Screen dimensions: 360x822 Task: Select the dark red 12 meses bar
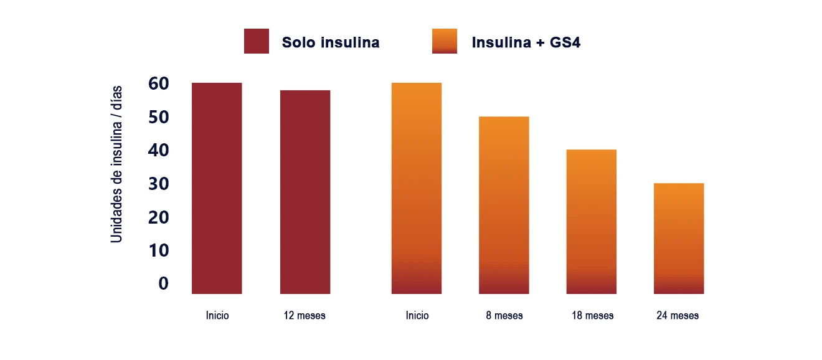coord(305,192)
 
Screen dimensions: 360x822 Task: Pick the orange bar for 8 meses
coord(504,205)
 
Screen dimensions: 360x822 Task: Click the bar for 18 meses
coord(591,222)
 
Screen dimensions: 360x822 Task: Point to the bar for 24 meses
coord(679,239)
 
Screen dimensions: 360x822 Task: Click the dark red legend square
coord(257,41)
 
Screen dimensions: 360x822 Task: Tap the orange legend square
coord(445,41)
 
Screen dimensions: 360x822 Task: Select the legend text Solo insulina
coord(331,43)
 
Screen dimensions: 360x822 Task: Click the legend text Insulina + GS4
coord(526,43)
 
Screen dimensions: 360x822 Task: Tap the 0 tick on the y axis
coord(163,283)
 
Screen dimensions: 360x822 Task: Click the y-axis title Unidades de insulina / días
coord(117,164)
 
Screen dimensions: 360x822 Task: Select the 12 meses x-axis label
coord(305,316)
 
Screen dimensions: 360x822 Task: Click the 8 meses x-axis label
coord(504,316)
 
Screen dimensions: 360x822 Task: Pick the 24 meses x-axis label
coord(678,316)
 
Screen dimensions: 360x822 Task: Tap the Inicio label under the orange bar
coord(417,316)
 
